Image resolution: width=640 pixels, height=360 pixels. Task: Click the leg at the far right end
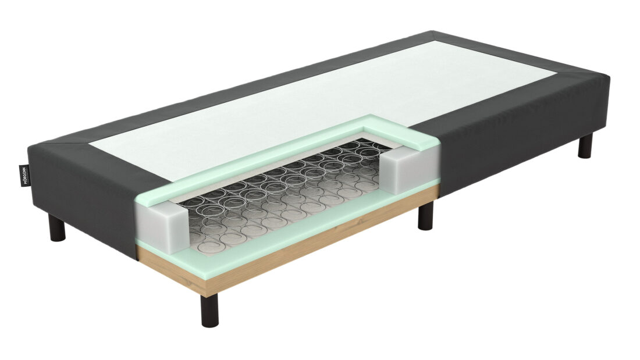point(585,146)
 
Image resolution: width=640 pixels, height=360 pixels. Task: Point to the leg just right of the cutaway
point(425,215)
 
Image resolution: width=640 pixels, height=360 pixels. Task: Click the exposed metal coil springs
point(279,192)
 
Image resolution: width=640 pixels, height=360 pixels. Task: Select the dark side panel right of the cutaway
point(512,140)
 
